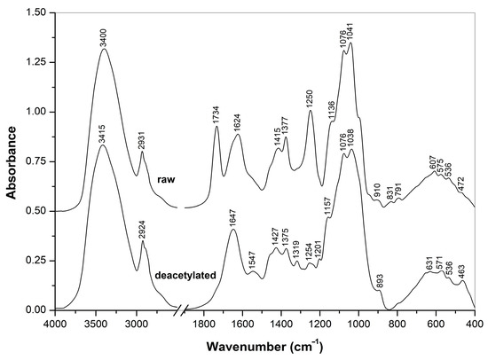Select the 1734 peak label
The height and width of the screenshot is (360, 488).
[216, 115]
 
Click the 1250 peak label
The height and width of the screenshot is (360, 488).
[310, 98]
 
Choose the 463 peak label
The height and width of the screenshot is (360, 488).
[462, 269]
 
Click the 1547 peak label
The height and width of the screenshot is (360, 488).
[252, 260]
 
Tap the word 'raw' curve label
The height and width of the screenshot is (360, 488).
[164, 181]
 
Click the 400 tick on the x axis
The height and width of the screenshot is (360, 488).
[475, 324]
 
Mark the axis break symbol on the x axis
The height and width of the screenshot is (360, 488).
[181, 311]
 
